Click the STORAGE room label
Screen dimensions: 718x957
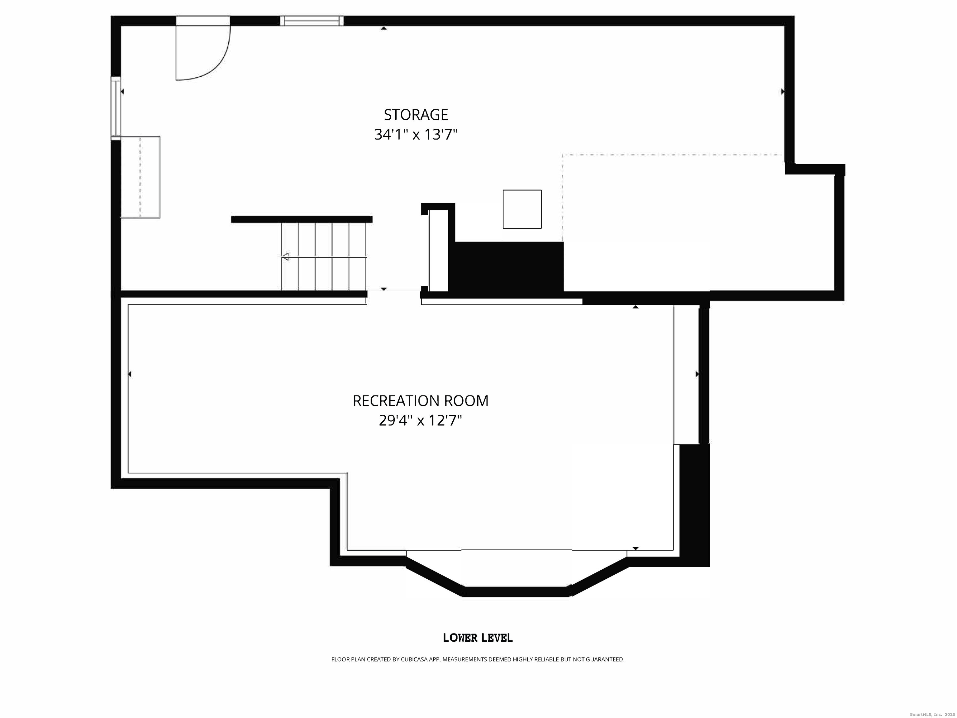[416, 115]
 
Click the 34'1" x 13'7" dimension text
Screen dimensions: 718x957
[416, 135]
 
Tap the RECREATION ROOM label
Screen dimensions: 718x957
[420, 401]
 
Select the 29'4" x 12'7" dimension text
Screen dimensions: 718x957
[420, 420]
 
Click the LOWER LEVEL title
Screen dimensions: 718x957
[478, 638]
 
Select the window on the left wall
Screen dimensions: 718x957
[116, 107]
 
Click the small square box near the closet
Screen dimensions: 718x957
[522, 209]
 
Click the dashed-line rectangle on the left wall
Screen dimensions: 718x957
[140, 177]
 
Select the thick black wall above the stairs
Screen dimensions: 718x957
[302, 219]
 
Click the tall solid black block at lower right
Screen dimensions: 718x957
[694, 504]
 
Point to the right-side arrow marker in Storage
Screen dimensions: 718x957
[782, 92]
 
